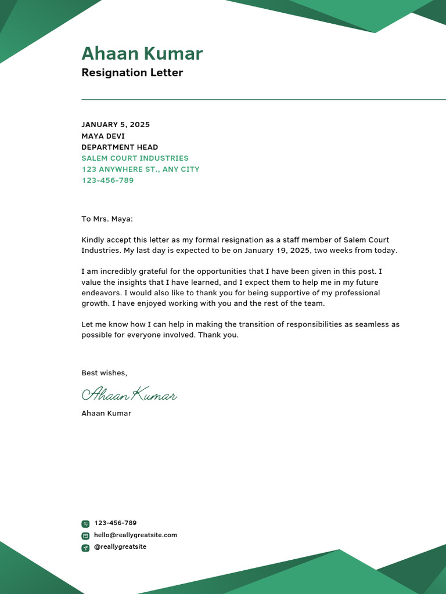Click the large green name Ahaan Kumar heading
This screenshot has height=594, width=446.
click(x=142, y=53)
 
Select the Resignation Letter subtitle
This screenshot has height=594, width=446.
click(x=132, y=73)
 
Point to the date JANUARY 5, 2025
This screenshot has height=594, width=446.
click(x=116, y=125)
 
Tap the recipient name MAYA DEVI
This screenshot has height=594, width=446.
click(x=103, y=136)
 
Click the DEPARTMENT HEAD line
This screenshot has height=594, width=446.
click(x=120, y=147)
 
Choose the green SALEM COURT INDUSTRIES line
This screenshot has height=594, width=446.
click(x=135, y=158)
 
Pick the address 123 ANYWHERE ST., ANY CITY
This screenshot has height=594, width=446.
click(x=140, y=169)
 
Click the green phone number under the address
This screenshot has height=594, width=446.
click(x=107, y=180)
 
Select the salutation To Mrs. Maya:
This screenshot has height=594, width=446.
click(x=107, y=219)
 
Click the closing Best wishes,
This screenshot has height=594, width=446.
click(x=104, y=373)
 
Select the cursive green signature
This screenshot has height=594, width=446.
click(x=129, y=395)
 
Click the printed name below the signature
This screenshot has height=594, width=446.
click(x=106, y=414)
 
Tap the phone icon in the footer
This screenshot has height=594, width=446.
click(x=85, y=524)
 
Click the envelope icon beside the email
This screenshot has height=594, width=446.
click(x=85, y=535)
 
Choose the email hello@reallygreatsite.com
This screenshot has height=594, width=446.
click(x=135, y=535)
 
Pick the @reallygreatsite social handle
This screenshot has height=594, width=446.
click(x=120, y=547)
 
